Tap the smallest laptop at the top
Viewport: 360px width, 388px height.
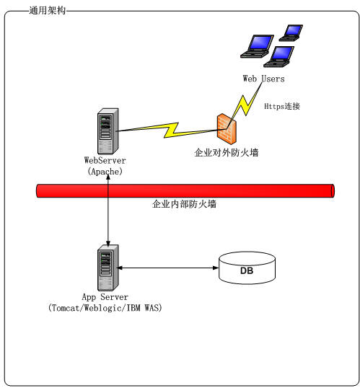[x=292, y=32]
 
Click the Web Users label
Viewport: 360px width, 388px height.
[x=264, y=79]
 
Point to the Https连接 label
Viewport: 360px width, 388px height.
[x=281, y=107]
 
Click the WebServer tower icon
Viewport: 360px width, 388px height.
[x=107, y=130]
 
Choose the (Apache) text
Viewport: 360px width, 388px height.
[x=105, y=172]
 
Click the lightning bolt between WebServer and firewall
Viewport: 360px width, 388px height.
[x=170, y=131]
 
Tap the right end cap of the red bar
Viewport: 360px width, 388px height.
[x=331, y=190]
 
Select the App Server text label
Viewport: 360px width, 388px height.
[x=105, y=296]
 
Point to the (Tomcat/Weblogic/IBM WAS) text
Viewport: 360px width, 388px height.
[x=105, y=308]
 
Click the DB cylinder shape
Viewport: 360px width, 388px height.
[x=247, y=269]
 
